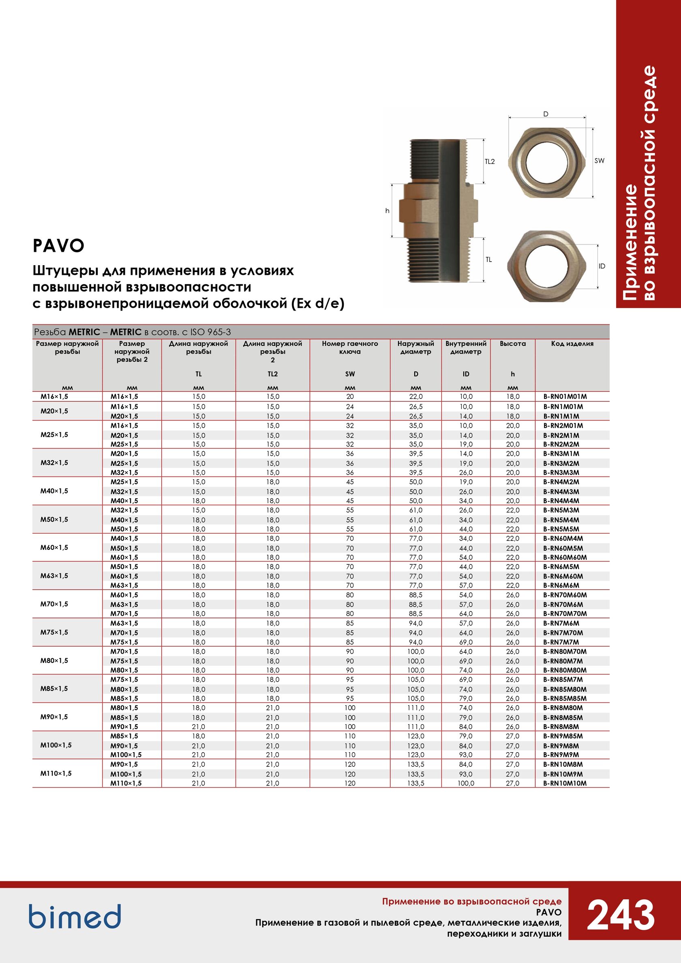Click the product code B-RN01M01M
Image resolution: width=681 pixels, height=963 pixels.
(x=565, y=397)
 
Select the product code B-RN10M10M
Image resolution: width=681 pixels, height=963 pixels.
(x=565, y=783)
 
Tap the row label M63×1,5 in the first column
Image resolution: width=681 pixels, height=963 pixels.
(x=54, y=576)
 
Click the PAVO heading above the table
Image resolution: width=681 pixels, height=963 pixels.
(x=59, y=246)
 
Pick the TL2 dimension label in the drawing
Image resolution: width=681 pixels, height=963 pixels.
(x=489, y=161)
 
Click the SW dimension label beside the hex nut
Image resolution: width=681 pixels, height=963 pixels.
(x=599, y=161)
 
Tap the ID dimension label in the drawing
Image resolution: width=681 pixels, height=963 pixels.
(x=602, y=266)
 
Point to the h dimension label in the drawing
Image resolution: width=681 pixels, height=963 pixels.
(x=388, y=211)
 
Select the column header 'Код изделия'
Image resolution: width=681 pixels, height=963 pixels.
(x=572, y=343)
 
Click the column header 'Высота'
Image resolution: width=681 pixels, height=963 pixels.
(x=512, y=343)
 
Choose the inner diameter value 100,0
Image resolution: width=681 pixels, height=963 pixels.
(x=466, y=783)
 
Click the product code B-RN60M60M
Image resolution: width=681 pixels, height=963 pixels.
(x=565, y=558)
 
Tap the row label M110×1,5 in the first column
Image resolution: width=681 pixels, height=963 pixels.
(x=56, y=773)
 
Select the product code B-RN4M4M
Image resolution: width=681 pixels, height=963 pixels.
(x=561, y=501)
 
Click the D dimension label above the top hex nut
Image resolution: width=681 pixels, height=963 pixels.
(x=546, y=114)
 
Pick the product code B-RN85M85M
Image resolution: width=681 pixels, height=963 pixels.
(x=565, y=698)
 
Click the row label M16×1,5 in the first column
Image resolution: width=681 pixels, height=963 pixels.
(x=54, y=397)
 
